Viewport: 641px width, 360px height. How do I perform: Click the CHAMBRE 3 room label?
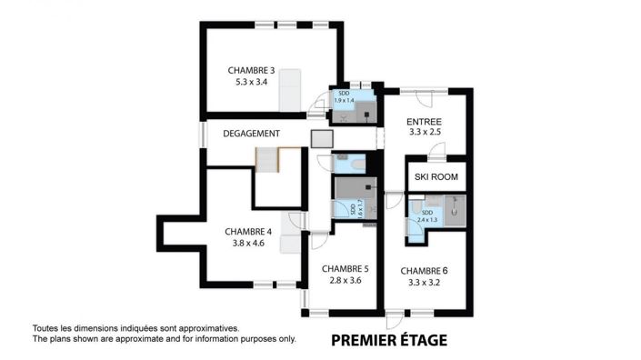[252, 70]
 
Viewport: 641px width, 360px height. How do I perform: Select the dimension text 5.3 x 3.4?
[252, 82]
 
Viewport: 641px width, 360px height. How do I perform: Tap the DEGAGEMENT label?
[251, 134]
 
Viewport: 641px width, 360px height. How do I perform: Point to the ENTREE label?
[424, 121]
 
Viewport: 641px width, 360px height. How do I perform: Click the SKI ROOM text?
[436, 176]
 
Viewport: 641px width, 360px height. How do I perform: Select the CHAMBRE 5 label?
[345, 268]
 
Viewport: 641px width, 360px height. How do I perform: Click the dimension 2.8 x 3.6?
[345, 280]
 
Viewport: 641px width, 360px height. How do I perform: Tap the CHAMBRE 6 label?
[424, 270]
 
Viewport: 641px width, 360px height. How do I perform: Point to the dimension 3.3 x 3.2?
[424, 282]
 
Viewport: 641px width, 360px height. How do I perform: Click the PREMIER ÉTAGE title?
[388, 341]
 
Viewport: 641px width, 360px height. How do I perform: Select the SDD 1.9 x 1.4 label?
[343, 97]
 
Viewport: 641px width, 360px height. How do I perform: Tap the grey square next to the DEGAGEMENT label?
[323, 138]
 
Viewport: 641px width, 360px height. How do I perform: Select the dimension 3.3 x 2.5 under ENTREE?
[424, 133]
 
